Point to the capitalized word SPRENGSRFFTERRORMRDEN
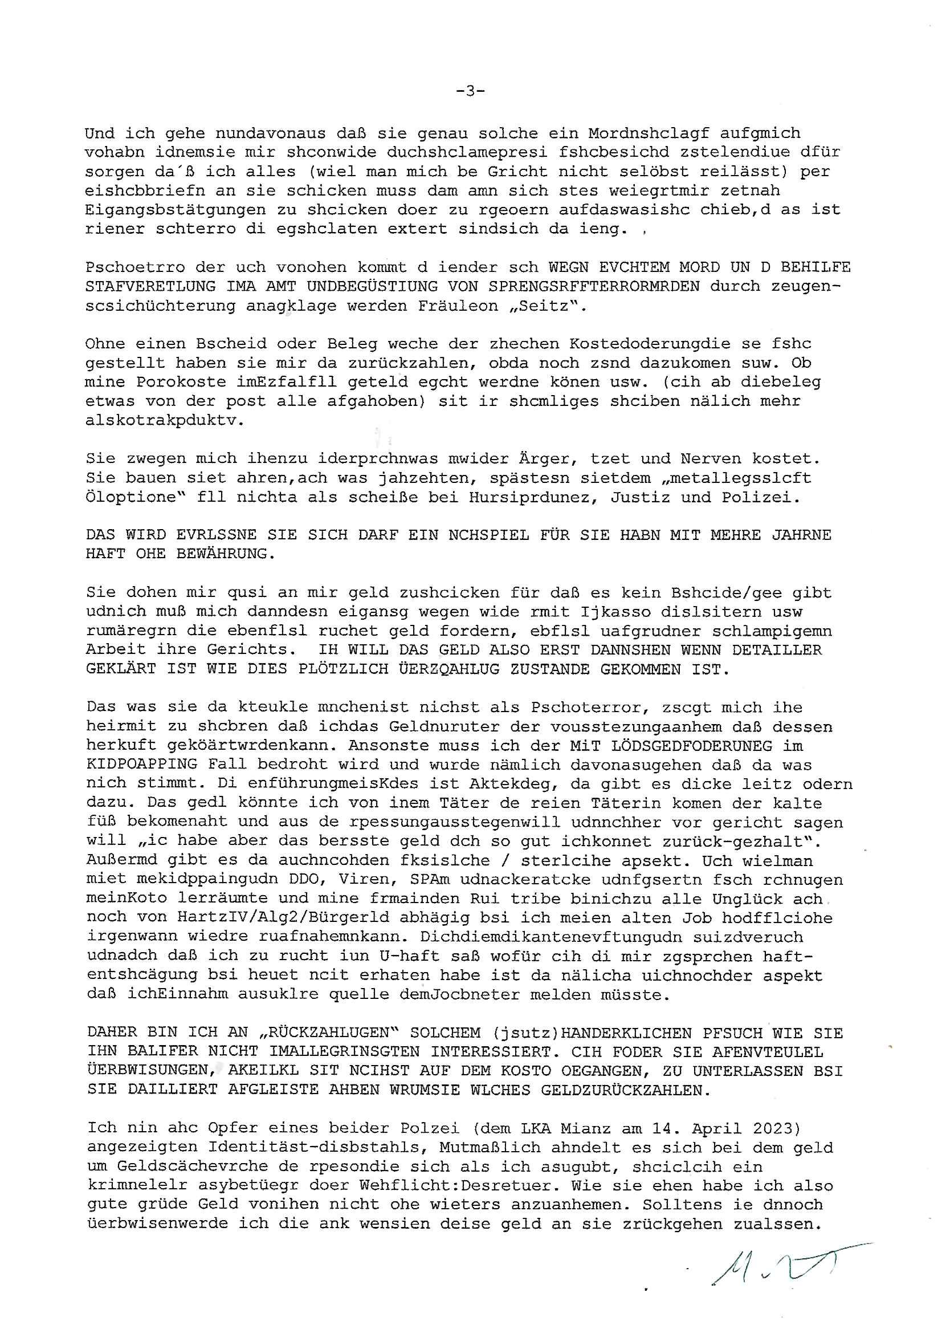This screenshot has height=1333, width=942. tap(594, 286)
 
